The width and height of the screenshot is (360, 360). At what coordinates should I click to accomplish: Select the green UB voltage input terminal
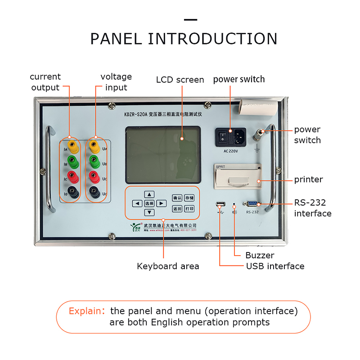pyautogui.click(x=94, y=161)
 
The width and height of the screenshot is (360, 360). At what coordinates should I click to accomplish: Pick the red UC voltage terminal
pyautogui.click(x=94, y=176)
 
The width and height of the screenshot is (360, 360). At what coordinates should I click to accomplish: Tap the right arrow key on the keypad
pyautogui.click(x=162, y=203)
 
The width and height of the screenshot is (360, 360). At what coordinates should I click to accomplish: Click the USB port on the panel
pyautogui.click(x=220, y=205)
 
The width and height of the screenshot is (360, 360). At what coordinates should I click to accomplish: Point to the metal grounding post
pyautogui.click(x=261, y=134)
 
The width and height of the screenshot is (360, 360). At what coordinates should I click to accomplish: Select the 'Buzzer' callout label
pyautogui.click(x=260, y=255)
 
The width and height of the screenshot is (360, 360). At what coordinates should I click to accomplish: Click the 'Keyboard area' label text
pyautogui.click(x=168, y=266)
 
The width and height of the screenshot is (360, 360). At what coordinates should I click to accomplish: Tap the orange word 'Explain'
pyautogui.click(x=83, y=311)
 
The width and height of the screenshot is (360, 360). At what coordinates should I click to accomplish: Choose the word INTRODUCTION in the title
pyautogui.click(x=213, y=39)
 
